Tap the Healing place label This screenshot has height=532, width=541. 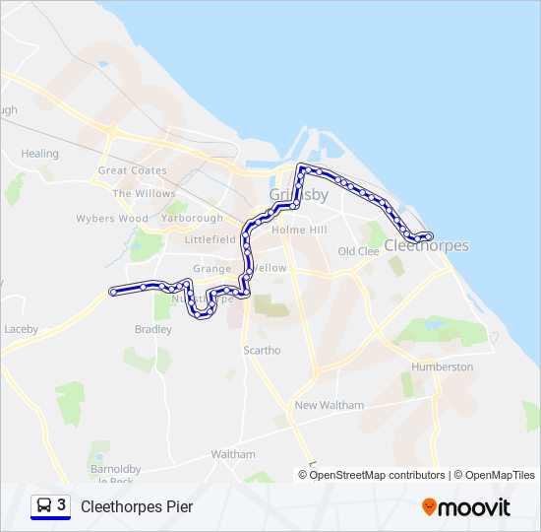(40, 154)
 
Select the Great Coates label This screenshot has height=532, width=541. (132, 170)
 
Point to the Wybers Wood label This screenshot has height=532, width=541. (112, 219)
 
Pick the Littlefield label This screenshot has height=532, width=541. (210, 239)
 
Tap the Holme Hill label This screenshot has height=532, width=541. (298, 230)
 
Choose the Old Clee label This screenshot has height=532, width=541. (358, 251)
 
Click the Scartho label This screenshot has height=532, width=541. (262, 350)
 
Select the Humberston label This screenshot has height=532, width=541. (442, 366)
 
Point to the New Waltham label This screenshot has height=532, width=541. (329, 405)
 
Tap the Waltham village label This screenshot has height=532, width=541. (233, 454)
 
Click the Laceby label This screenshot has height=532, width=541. (21, 328)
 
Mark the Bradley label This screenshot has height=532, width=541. (153, 329)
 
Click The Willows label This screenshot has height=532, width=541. (144, 193)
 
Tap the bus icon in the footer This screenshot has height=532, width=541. (44, 505)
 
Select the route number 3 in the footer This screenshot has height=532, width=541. (62, 504)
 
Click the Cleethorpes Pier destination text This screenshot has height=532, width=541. (137, 506)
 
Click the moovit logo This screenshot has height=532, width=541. (466, 507)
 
